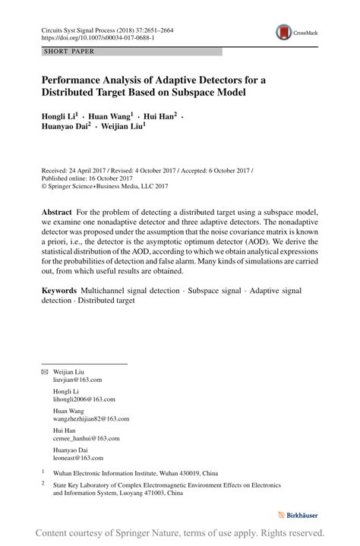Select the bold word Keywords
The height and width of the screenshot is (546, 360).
click(x=59, y=290)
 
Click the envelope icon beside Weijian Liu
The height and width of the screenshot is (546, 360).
click(x=43, y=372)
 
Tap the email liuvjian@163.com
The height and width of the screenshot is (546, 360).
click(x=77, y=379)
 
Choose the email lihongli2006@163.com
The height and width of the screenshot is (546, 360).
click(x=84, y=399)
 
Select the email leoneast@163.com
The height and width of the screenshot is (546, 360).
click(x=77, y=458)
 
